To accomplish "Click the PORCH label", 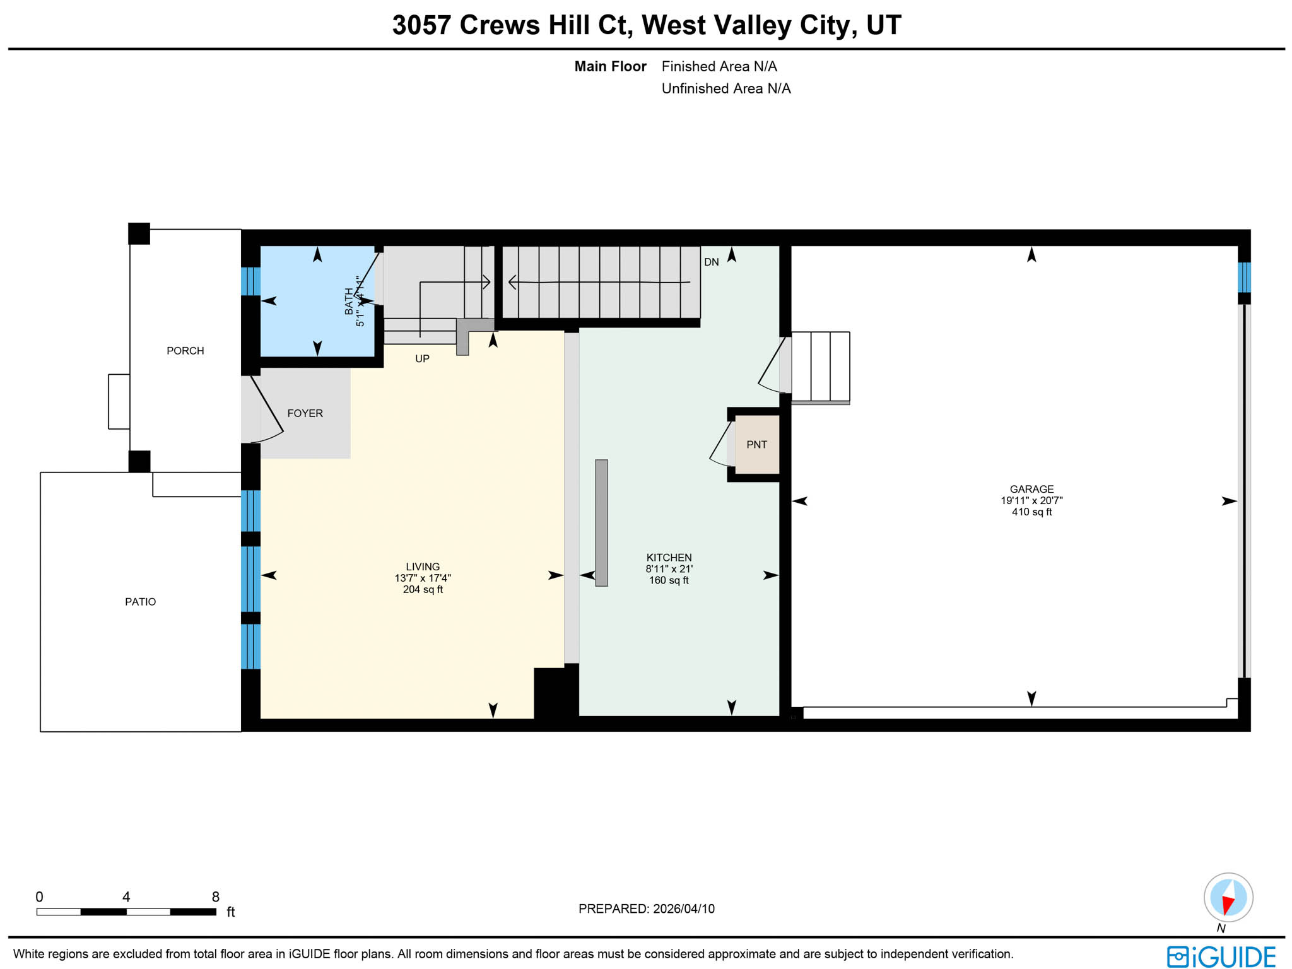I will [185, 351].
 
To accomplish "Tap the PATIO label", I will [140, 602].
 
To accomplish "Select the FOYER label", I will [305, 413].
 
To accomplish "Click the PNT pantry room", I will [756, 445].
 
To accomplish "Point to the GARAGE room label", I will [1031, 489].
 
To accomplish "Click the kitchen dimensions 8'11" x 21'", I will [669, 569].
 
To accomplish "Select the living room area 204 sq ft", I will [423, 590].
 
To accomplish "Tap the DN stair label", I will [711, 262].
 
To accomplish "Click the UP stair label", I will [422, 359].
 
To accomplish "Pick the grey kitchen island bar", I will [601, 522].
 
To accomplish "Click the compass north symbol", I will [1228, 898].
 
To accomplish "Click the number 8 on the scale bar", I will [216, 897].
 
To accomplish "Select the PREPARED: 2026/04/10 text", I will [646, 909].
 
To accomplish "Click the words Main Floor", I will [610, 67].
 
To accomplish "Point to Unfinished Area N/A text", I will [725, 89].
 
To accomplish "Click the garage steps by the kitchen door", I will [820, 367].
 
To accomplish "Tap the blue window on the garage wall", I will [1243, 278].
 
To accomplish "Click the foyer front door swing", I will [265, 410].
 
